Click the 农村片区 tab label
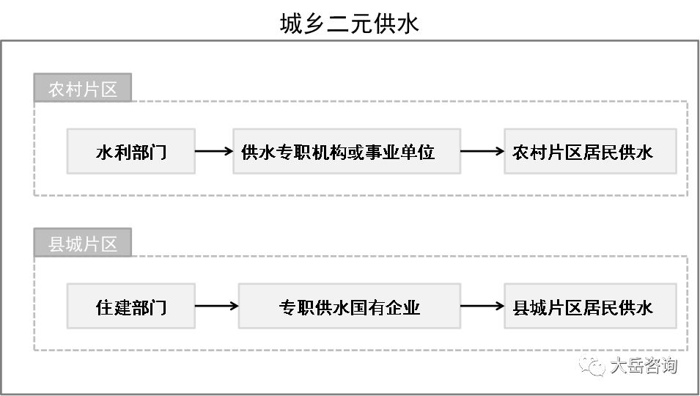coord(83,89)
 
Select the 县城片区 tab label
coord(83,243)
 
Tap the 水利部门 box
coord(130,152)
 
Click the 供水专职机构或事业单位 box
coord(346,152)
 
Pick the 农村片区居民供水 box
coord(589,152)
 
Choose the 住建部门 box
coord(130,307)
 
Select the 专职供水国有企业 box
coord(349,307)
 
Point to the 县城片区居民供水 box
coord(589,307)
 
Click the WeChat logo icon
coord(592,364)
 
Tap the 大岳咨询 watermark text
coord(643,364)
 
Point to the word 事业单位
coord(399,152)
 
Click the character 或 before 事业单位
coord(355,152)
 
